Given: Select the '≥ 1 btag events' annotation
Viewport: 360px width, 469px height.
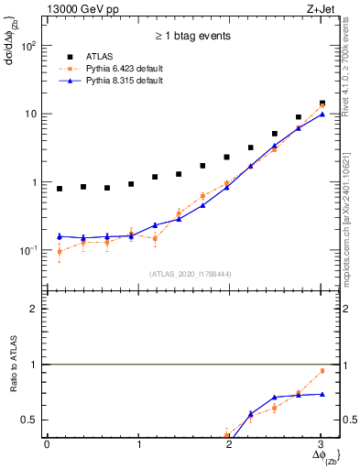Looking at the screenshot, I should (191, 37).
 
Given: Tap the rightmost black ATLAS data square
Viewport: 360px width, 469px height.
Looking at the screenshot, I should (322, 104).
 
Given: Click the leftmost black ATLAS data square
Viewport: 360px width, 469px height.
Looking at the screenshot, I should (60, 189).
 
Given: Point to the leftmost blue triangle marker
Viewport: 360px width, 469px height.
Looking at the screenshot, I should (60, 236).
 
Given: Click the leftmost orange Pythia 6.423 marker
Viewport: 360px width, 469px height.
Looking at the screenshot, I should (60, 251).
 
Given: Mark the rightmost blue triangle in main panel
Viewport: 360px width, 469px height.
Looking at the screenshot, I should (322, 115).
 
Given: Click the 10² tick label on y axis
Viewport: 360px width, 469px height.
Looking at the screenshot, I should (28, 46).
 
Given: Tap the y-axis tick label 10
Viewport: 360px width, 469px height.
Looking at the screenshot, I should (29, 115).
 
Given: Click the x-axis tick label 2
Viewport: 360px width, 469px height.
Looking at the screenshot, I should (229, 445).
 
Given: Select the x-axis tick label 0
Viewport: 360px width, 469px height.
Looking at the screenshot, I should (47, 445).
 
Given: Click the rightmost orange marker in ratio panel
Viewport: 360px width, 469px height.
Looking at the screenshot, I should (322, 371).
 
